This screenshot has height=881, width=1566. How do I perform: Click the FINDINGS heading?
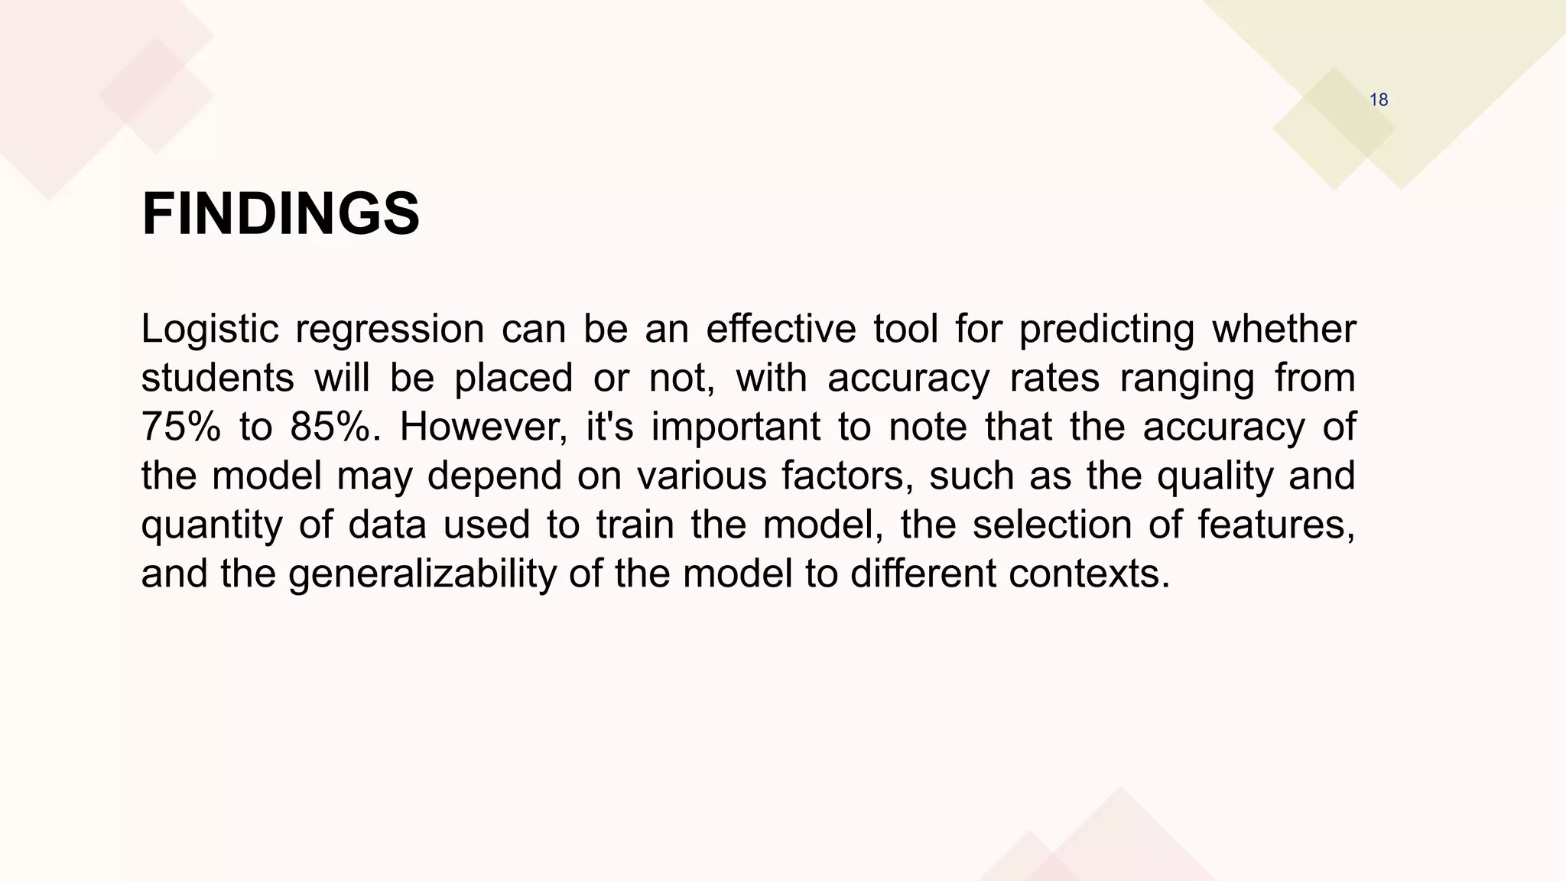coord(281,214)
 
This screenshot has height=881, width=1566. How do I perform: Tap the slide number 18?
coord(1378,100)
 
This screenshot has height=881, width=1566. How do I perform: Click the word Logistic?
coord(210,330)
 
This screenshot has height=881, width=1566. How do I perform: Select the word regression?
coord(389,330)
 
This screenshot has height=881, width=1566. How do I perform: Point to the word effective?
coord(780,330)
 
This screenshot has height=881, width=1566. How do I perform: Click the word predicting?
coord(1106,330)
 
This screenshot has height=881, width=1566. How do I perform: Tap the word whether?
coord(1284,330)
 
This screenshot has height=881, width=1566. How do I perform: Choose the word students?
coord(217,379)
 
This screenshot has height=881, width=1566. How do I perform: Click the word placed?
coord(513,379)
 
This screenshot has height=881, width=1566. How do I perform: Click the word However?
coord(483,427)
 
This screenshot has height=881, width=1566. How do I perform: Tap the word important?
coord(736,427)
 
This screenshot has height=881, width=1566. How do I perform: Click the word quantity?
coord(211,525)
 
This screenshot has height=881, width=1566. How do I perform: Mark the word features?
coord(1276,525)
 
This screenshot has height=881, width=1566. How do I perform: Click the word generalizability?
coord(422,574)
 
